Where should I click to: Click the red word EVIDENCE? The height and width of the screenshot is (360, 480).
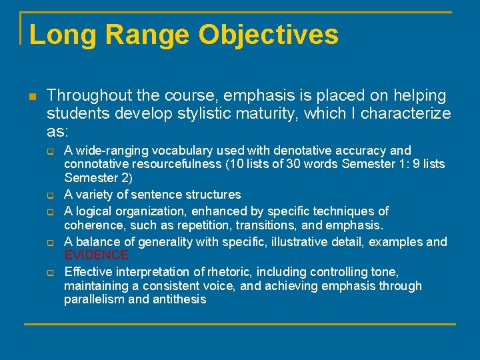(x=96, y=255)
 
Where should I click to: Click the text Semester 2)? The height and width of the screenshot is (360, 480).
(x=98, y=178)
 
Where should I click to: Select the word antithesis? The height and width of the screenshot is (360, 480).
(x=180, y=300)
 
